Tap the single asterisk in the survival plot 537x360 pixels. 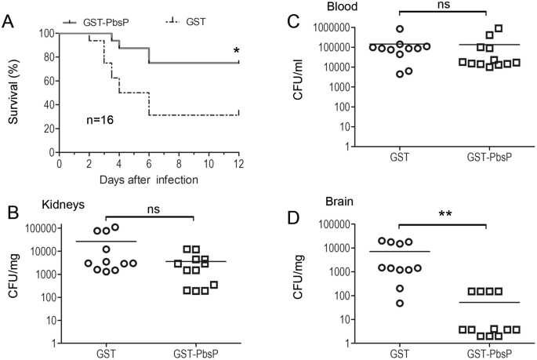pyautogui.click(x=236, y=53)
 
